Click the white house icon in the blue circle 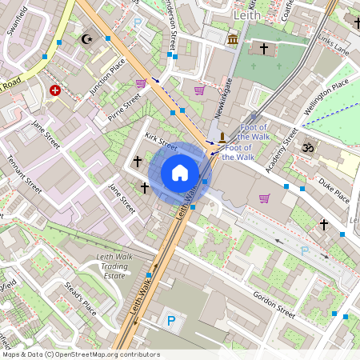point(180,173)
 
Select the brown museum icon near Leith point(233,39)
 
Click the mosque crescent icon point(88,38)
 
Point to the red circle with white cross point(54,91)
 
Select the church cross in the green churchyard point(264,49)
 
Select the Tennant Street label point(25,169)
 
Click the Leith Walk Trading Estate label point(114,266)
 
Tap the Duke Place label point(334,191)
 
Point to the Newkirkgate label point(220,96)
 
